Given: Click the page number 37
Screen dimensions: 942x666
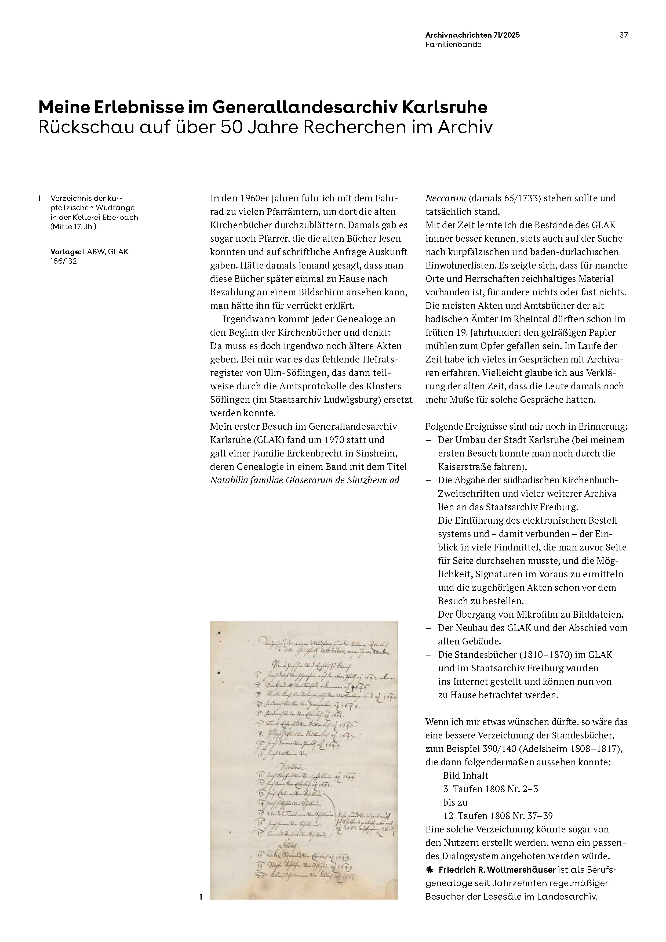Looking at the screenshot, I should (x=623, y=35).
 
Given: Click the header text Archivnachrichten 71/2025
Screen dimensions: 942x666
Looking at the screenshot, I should (x=472, y=35).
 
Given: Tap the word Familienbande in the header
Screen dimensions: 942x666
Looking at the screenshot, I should (x=453, y=45).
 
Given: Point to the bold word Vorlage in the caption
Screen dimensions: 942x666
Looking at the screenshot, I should (x=64, y=252).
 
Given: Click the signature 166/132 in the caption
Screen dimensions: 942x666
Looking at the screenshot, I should (x=64, y=261).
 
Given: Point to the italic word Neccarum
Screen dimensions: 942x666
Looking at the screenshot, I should (x=445, y=198).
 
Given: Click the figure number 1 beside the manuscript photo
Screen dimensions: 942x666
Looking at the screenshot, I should (x=201, y=897).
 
